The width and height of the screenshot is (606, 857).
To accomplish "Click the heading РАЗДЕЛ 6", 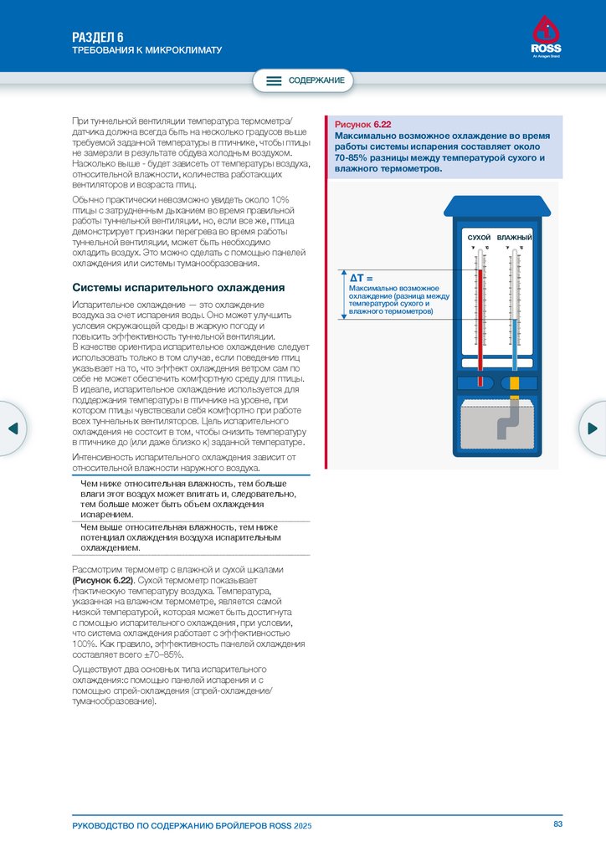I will (98, 37).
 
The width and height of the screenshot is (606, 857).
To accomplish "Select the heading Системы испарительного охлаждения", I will (179, 287).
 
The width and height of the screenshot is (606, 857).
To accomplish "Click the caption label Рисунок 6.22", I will (362, 124).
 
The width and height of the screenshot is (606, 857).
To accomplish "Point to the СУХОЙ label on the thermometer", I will (479, 239).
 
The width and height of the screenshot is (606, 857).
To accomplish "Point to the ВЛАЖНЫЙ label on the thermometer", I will (515, 239).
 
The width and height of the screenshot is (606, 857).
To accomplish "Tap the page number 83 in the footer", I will (558, 825).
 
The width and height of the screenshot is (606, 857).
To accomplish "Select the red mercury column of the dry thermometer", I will (480, 322).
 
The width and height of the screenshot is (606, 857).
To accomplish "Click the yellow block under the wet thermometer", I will (515, 382).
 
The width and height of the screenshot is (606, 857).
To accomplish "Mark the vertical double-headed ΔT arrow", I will (343, 294).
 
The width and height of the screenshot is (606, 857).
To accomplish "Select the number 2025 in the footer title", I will (302, 826).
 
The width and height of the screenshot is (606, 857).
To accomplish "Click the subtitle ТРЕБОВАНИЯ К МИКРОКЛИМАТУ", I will (146, 50).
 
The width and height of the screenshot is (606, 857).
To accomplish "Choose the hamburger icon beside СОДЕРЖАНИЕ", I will (274, 81).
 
